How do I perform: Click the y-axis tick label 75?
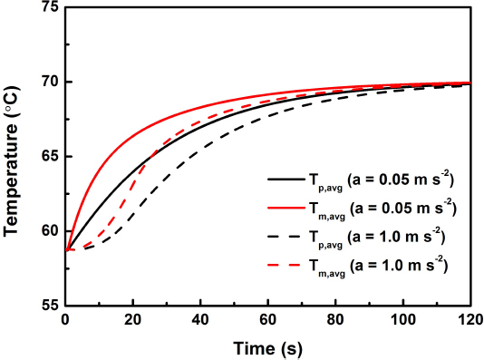[49, 8]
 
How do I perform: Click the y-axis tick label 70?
[49, 83]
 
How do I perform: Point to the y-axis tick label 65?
[49, 157]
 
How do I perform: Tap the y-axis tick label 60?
[49, 231]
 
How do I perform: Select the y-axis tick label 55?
[49, 306]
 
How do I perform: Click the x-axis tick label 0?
[65, 321]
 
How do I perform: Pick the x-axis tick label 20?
[133, 321]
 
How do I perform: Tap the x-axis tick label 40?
[200, 321]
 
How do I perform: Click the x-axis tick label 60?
[268, 321]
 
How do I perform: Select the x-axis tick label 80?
[335, 321]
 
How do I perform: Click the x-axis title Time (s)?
[268, 347]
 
